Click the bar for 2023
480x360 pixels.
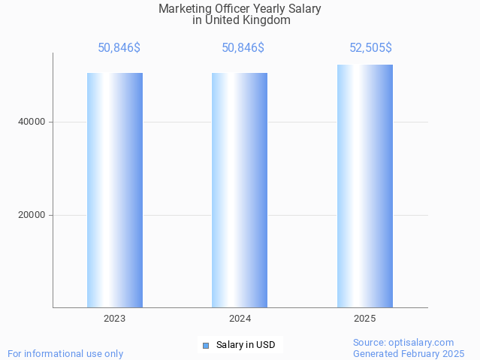[x=115, y=190]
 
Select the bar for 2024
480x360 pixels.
[x=240, y=190]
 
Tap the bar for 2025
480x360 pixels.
[x=365, y=186]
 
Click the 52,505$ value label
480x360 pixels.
[x=370, y=48]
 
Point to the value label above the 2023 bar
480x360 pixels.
[x=119, y=48]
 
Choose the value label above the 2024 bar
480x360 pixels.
[x=243, y=48]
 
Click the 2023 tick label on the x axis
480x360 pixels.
[x=115, y=319]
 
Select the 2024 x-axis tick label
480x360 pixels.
[x=240, y=319]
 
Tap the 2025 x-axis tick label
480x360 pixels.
[x=365, y=319]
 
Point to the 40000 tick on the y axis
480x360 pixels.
[x=32, y=122]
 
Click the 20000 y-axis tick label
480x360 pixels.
[x=32, y=215]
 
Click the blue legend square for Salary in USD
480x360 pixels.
[x=206, y=346]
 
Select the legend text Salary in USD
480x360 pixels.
[x=246, y=346]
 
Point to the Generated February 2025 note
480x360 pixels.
[x=409, y=353]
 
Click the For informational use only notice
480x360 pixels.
[x=65, y=353]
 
